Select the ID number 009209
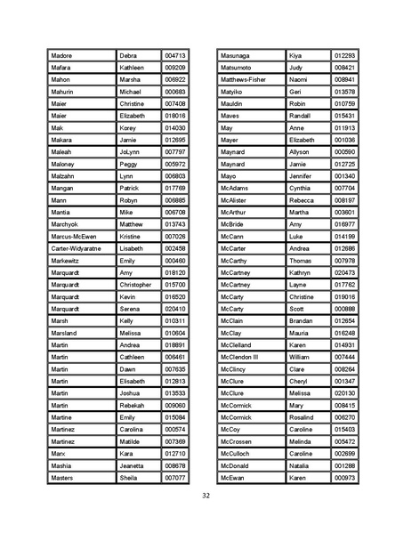(x=175, y=68)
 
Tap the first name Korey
(x=130, y=128)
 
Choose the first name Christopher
(x=136, y=285)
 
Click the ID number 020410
(x=175, y=309)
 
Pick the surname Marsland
(x=67, y=333)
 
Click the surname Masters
(x=64, y=478)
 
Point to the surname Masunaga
(x=238, y=55)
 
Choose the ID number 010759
(x=344, y=103)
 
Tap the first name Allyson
(x=302, y=152)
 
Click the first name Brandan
(x=303, y=321)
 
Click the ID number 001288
(x=344, y=465)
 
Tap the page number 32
(x=206, y=496)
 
